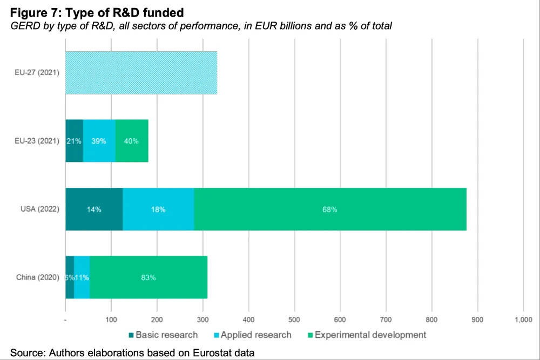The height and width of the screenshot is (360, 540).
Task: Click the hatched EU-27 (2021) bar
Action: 141,73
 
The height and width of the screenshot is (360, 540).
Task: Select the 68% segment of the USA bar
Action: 330,209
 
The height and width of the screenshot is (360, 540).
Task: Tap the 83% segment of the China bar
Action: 148,277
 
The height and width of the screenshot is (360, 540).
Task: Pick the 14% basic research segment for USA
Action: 94,209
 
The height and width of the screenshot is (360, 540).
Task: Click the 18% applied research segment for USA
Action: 158,209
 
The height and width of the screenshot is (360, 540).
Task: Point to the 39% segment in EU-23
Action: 99,141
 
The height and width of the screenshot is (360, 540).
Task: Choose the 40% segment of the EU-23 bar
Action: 132,141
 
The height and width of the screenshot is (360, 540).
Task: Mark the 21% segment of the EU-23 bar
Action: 74,141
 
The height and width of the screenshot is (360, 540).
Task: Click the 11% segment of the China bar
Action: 82,277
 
